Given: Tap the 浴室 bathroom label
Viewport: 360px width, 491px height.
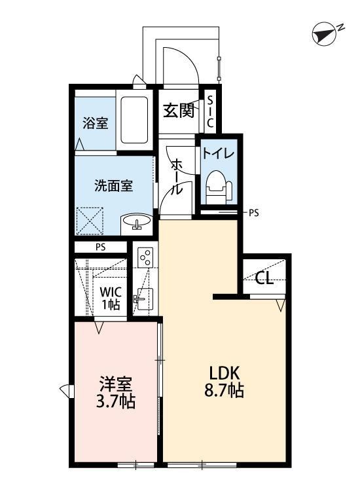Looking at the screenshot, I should (95, 122).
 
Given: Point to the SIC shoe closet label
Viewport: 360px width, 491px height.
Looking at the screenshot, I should (210, 113).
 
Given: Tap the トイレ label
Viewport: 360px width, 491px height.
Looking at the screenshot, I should (215, 155).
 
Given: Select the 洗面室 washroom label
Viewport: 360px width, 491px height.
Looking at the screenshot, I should (114, 185).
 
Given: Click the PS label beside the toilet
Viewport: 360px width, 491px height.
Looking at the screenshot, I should (254, 213).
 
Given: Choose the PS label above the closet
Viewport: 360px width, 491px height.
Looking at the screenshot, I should (100, 247).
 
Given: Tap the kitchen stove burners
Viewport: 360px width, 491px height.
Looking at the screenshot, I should (145, 257).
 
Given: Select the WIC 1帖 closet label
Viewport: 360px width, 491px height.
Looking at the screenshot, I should (110, 299).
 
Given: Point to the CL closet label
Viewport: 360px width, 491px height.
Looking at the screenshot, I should (264, 279).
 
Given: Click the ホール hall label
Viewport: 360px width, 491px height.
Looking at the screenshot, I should (176, 177).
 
